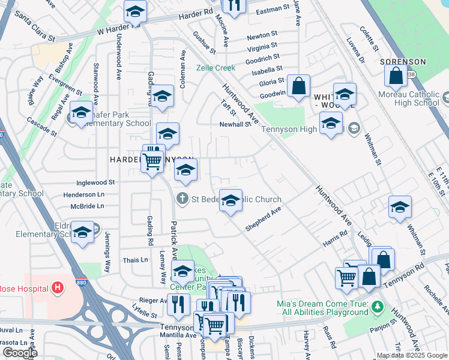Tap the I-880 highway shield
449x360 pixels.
click(x=80, y=282)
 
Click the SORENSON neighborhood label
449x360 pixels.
click(x=403, y=62)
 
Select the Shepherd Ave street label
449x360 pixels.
click(x=263, y=220)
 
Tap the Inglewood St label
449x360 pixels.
click(x=95, y=182)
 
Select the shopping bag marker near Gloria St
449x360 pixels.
click(x=298, y=86)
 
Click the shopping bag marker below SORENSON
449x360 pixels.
click(x=396, y=76)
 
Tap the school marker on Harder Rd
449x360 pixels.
click(x=136, y=11)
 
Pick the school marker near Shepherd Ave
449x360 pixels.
click(x=231, y=201)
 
